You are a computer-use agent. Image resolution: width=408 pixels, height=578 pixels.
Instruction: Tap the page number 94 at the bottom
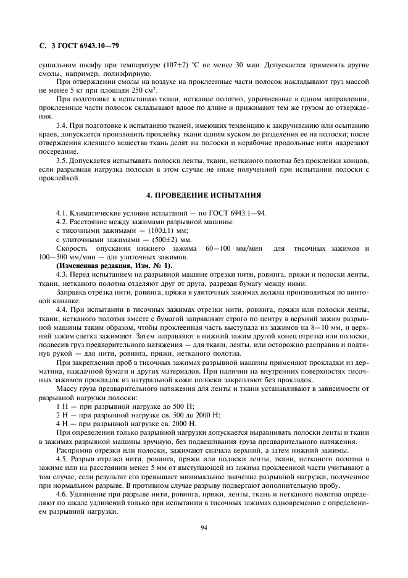click(204, 527)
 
